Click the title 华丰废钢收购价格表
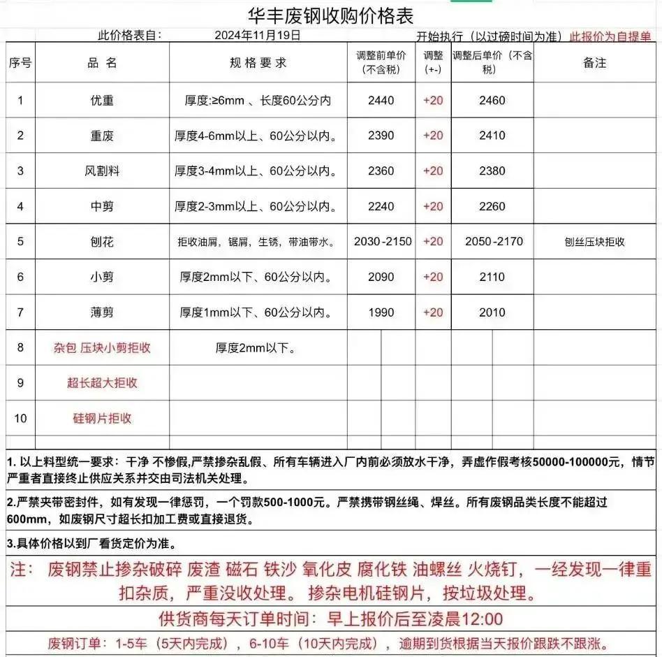coord(331,15)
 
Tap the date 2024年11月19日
coord(258,35)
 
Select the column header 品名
coord(102,63)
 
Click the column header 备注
coord(594,63)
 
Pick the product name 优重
coord(102,101)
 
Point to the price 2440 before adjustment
coord(381,101)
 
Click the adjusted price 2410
coord(492,136)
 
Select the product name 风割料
coord(102,171)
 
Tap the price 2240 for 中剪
coord(381,206)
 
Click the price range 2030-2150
coord(383,242)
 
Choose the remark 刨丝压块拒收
coord(594,243)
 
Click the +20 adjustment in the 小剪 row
coord(433,277)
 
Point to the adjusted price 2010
coord(492,312)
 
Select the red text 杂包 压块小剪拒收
coord(102,347)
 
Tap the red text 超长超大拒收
coord(102,383)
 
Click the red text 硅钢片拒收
coord(102,419)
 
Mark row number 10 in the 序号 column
coord(20,419)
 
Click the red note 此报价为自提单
coord(611,36)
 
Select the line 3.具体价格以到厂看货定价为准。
coord(91,543)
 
